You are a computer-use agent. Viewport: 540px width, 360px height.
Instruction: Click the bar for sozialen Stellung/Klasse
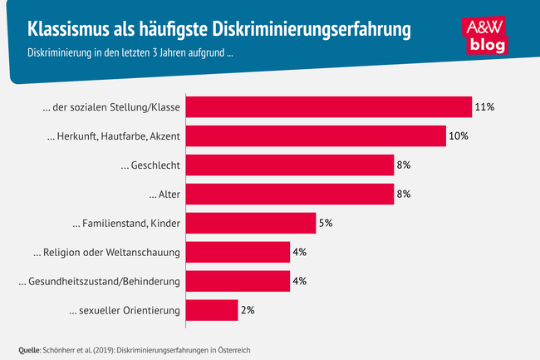(x=329, y=107)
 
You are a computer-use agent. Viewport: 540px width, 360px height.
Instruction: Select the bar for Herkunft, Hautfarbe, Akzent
(x=316, y=136)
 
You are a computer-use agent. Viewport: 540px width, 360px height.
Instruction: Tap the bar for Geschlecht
(x=290, y=165)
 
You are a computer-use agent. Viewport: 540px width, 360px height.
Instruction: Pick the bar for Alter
(x=290, y=195)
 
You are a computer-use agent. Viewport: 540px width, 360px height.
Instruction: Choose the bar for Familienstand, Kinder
(x=251, y=224)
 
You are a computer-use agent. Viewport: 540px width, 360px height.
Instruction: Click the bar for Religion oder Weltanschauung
(x=238, y=253)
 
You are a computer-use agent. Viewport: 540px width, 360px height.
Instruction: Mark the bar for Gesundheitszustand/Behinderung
(x=238, y=282)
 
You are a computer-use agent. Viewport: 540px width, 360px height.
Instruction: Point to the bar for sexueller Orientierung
(x=212, y=311)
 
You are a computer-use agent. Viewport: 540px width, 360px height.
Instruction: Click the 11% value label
(x=484, y=107)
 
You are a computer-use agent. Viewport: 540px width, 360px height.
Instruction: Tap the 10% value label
(x=459, y=136)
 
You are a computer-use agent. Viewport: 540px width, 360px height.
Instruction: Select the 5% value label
(x=327, y=224)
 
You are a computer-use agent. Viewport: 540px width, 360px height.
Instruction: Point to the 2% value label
(x=248, y=311)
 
